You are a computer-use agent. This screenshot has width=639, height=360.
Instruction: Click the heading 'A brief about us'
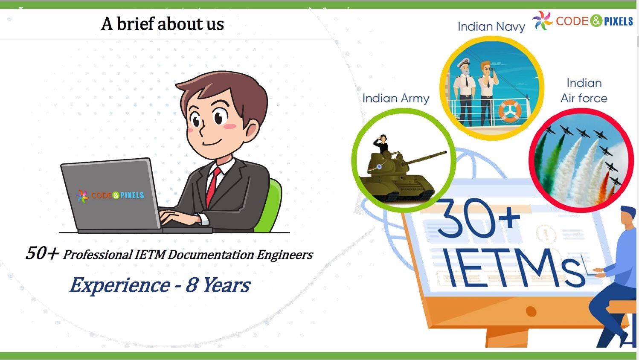163,24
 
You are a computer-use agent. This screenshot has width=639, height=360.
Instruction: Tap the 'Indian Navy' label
491,27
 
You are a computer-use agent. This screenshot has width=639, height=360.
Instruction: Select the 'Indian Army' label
396,99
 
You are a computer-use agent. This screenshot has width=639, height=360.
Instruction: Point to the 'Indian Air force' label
584,90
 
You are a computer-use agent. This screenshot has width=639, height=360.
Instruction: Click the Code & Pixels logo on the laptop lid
110,196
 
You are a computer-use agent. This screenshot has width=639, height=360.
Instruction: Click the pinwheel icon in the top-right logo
542,20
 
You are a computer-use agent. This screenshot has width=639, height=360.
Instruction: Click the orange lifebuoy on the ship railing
510,111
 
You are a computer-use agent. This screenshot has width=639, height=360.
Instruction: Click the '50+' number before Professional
42,253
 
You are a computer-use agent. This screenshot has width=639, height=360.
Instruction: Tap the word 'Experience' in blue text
120,285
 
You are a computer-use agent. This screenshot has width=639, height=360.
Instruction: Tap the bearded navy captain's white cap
463,62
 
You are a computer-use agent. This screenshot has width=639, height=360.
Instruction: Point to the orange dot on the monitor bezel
531,311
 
